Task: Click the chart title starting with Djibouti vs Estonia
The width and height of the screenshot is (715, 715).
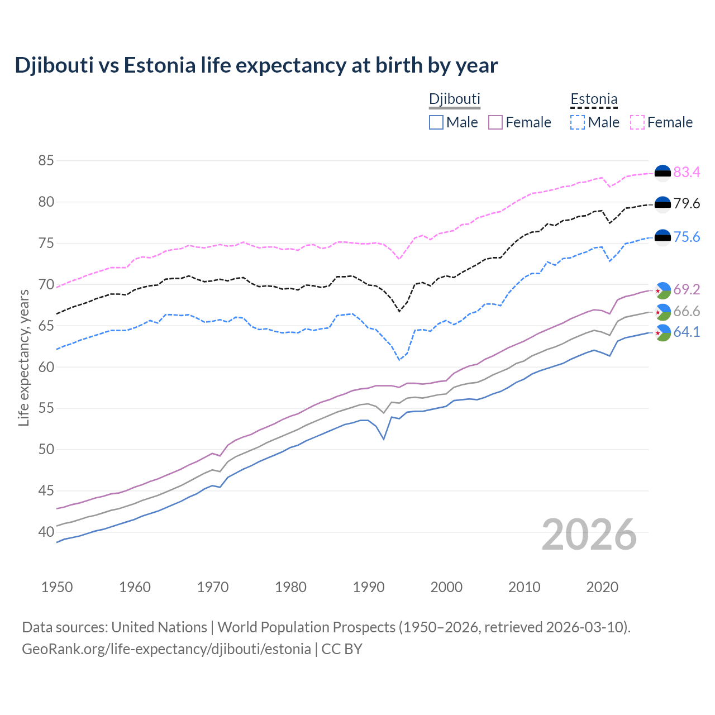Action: coord(256,65)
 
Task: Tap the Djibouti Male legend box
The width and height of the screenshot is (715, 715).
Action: coord(436,122)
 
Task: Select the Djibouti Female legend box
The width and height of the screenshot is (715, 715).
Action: coord(495,122)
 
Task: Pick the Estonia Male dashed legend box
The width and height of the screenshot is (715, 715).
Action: coord(578,122)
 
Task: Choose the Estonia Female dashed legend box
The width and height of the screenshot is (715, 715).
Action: coord(637,122)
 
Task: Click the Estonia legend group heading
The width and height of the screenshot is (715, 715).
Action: coord(594,99)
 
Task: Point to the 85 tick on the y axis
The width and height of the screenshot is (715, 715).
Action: coord(46,161)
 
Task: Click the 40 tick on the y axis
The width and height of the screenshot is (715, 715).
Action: coord(46,532)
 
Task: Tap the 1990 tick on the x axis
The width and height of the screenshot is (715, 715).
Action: coord(369,587)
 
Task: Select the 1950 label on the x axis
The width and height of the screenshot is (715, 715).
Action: coord(57,587)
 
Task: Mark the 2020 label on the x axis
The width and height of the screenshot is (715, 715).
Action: coord(602,587)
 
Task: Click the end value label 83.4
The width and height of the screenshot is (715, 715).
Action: coord(687,173)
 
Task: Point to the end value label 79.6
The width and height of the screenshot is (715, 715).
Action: coord(687,204)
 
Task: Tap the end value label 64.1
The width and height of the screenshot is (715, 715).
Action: coord(687,332)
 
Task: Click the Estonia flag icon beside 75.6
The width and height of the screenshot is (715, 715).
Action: coord(662,237)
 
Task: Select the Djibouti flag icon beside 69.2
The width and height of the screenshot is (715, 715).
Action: coord(662,290)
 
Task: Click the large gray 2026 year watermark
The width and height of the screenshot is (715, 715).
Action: coord(589,535)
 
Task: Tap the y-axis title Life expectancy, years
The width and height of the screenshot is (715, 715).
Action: coord(23,357)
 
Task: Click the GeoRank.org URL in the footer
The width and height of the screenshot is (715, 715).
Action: coord(166,649)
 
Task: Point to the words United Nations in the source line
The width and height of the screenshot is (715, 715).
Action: coord(159,627)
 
